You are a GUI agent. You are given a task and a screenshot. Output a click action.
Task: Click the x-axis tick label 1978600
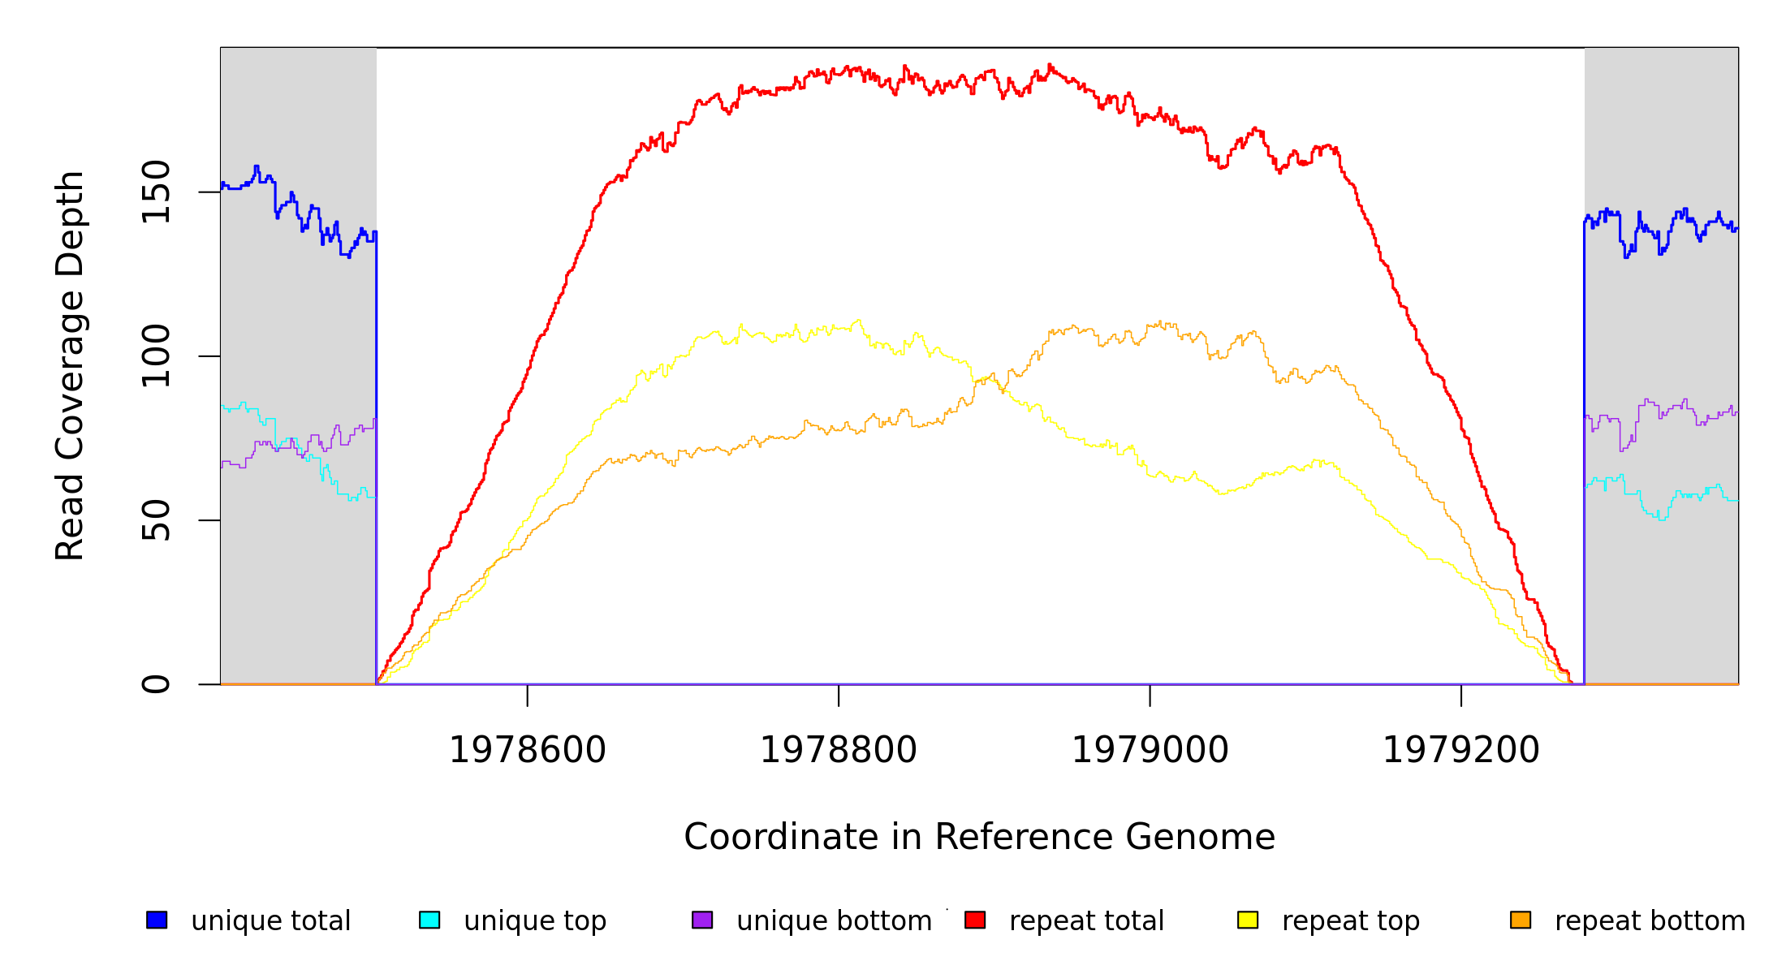pyautogui.click(x=528, y=750)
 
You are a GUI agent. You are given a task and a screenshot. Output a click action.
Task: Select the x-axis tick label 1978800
pyautogui.click(x=839, y=750)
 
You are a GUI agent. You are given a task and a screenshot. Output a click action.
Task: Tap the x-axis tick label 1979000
pyautogui.click(x=1150, y=750)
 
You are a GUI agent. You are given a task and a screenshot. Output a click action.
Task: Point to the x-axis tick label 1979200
pyautogui.click(x=1460, y=750)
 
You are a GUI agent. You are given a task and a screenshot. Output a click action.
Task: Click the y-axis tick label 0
pyautogui.click(x=156, y=684)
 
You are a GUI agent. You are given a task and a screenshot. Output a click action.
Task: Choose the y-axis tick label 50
pyautogui.click(x=156, y=520)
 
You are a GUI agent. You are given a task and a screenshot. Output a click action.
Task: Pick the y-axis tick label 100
pyautogui.click(x=156, y=356)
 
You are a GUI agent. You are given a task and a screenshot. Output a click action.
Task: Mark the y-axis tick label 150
pyautogui.click(x=156, y=192)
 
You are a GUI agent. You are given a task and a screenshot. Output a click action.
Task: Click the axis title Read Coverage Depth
pyautogui.click(x=70, y=365)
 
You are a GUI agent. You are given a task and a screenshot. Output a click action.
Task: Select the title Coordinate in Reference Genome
pyautogui.click(x=979, y=837)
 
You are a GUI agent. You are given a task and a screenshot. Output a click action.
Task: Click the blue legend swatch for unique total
pyautogui.click(x=157, y=920)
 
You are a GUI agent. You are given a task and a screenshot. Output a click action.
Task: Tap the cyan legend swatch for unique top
pyautogui.click(x=429, y=920)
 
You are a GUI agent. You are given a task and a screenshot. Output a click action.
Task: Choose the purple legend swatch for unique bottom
pyautogui.click(x=702, y=920)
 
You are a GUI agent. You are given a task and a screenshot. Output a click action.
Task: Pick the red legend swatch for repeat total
pyautogui.click(x=975, y=920)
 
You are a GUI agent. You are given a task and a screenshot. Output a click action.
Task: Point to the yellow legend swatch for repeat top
pyautogui.click(x=1248, y=920)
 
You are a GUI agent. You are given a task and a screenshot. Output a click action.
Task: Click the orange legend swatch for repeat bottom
pyautogui.click(x=1521, y=920)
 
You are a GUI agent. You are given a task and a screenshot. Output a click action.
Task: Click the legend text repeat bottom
pyautogui.click(x=1650, y=920)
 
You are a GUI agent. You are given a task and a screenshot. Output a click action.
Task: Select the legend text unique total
pyautogui.click(x=271, y=920)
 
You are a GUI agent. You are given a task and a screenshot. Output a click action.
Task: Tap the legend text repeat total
pyautogui.click(x=1086, y=920)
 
